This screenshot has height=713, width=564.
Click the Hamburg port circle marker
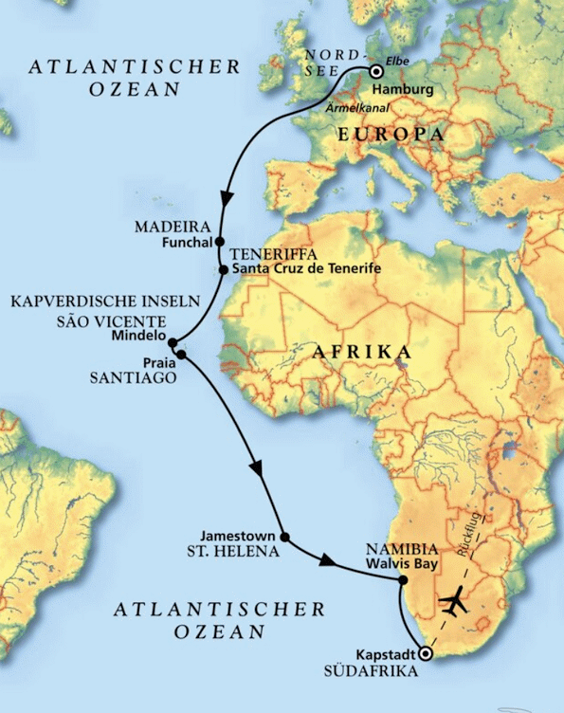(x=376, y=71)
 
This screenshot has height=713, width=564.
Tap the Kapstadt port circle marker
(x=426, y=654)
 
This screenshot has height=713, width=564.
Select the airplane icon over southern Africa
(x=455, y=603)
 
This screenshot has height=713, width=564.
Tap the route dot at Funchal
(x=220, y=241)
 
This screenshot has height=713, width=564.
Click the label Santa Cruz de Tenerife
(x=306, y=270)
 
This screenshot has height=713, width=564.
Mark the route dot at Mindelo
(x=173, y=341)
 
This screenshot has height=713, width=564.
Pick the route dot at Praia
(x=181, y=356)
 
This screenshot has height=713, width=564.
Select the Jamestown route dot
(x=285, y=538)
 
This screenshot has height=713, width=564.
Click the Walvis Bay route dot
(x=403, y=580)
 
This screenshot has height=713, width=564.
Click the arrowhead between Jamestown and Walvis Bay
(x=327, y=562)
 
